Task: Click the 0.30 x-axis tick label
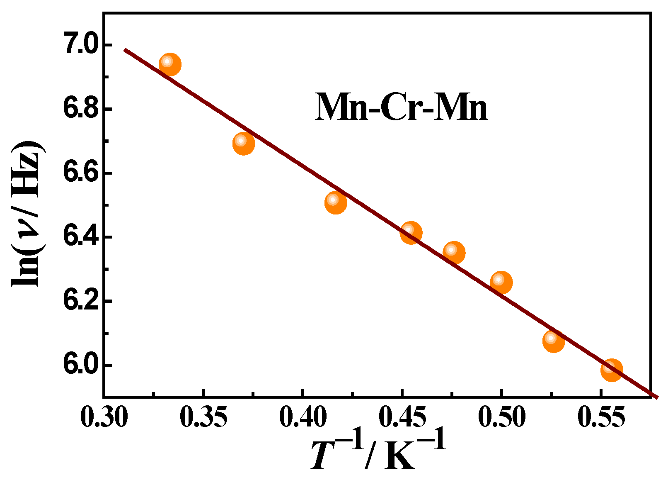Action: [104, 417]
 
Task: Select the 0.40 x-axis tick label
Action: [303, 417]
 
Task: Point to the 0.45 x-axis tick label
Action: [402, 417]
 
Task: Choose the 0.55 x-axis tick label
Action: [601, 417]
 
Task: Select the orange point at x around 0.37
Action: [244, 144]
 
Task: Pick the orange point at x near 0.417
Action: [336, 202]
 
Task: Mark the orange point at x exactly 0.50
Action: [501, 283]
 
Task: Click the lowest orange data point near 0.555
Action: [612, 370]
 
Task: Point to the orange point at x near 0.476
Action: [454, 252]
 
